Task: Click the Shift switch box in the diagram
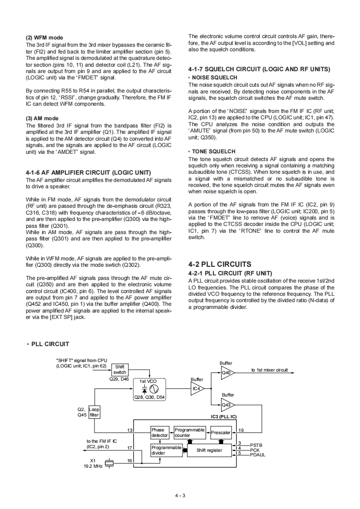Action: (120, 369)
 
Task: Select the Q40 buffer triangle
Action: (227, 373)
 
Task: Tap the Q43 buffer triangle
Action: (227, 405)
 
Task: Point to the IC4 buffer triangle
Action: (197, 388)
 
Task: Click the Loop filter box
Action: (94, 412)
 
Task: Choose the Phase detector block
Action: (160, 432)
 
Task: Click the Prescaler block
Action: (221, 432)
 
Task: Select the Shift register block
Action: (209, 450)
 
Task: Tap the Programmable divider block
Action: (166, 450)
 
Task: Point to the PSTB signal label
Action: (256, 445)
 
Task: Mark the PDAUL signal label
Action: (257, 455)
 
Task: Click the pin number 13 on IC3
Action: (130, 430)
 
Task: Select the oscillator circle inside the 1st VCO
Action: (153, 389)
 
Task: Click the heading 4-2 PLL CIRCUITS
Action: (219, 264)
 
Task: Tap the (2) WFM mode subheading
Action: (44, 38)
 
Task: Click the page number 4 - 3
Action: (180, 495)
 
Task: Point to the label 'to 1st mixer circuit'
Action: (270, 370)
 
